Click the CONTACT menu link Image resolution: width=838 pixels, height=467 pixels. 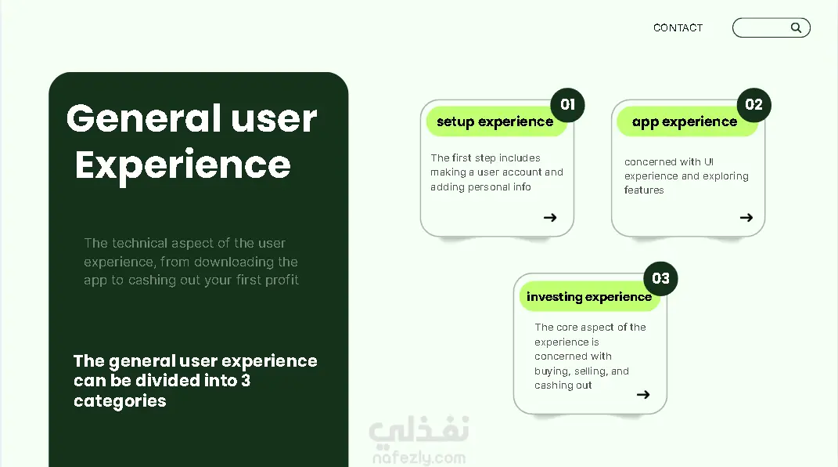click(678, 28)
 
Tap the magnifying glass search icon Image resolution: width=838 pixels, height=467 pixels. click(796, 28)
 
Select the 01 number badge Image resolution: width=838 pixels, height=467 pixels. click(567, 104)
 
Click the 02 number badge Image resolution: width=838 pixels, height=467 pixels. click(753, 104)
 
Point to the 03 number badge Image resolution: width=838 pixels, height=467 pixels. click(660, 278)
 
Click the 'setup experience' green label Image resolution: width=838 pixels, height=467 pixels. click(495, 121)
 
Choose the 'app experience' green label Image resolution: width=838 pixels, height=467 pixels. click(685, 121)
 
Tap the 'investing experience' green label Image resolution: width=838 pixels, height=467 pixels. click(589, 296)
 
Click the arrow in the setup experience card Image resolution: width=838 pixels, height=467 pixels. click(550, 217)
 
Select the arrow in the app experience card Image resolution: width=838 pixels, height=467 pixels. click(746, 217)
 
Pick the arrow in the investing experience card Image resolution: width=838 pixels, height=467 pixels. click(643, 395)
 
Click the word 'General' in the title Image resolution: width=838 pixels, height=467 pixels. click(144, 118)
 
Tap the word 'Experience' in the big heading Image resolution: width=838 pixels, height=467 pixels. click(183, 166)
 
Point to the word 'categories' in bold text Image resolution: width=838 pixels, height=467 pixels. click(120, 401)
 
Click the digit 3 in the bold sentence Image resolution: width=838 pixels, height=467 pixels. click(246, 380)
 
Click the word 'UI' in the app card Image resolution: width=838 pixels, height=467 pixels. click(709, 161)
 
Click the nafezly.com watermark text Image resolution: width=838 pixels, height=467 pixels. click(419, 458)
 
